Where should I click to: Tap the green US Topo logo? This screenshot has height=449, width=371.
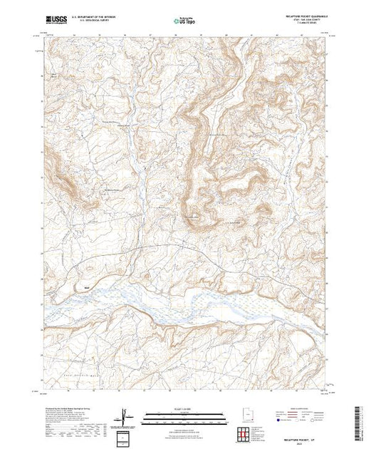184,21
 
